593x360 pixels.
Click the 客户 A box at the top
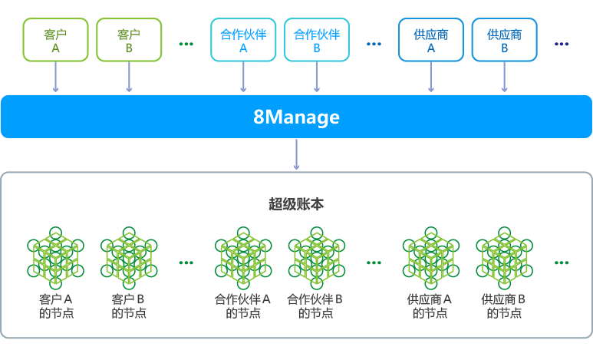coord(55,40)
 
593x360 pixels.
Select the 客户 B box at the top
coord(129,40)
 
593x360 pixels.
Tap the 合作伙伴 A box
coord(243,40)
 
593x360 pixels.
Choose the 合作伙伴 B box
coord(317,40)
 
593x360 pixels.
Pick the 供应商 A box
coord(430,40)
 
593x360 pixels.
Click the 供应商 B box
coord(504,40)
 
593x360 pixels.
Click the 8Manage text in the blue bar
coord(296,117)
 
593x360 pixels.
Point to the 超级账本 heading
coord(296,204)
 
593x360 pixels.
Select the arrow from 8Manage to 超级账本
coord(296,155)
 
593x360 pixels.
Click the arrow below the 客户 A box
coord(55,78)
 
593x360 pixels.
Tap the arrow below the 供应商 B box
coord(504,78)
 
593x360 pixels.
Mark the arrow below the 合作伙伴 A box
coord(243,78)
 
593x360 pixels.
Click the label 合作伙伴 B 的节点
coord(315,306)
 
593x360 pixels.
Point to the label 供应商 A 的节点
coord(430,306)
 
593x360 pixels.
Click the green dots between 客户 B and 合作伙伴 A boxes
coord(186,44)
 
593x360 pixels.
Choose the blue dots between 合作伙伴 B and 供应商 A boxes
coord(374,44)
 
